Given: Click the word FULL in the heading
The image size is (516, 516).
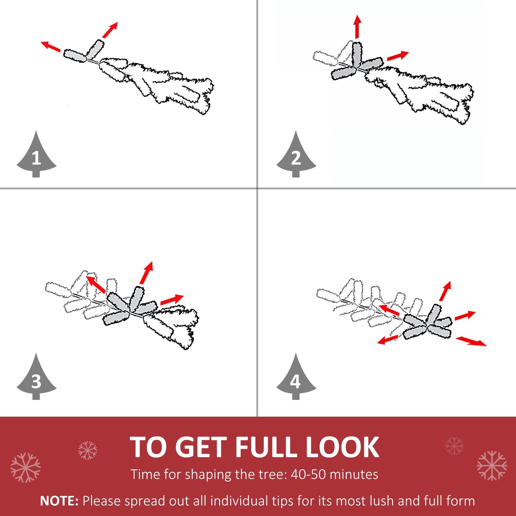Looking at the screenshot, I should pos(264,447).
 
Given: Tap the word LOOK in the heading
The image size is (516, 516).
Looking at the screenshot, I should pos(342,447).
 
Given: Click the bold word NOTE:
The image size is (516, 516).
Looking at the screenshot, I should pos(59,501).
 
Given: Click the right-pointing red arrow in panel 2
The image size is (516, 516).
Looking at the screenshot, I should pos(398,56).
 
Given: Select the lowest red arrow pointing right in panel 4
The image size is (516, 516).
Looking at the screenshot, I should pos(471,341).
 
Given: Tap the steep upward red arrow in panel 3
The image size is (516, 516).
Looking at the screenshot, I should pos(146,273).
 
